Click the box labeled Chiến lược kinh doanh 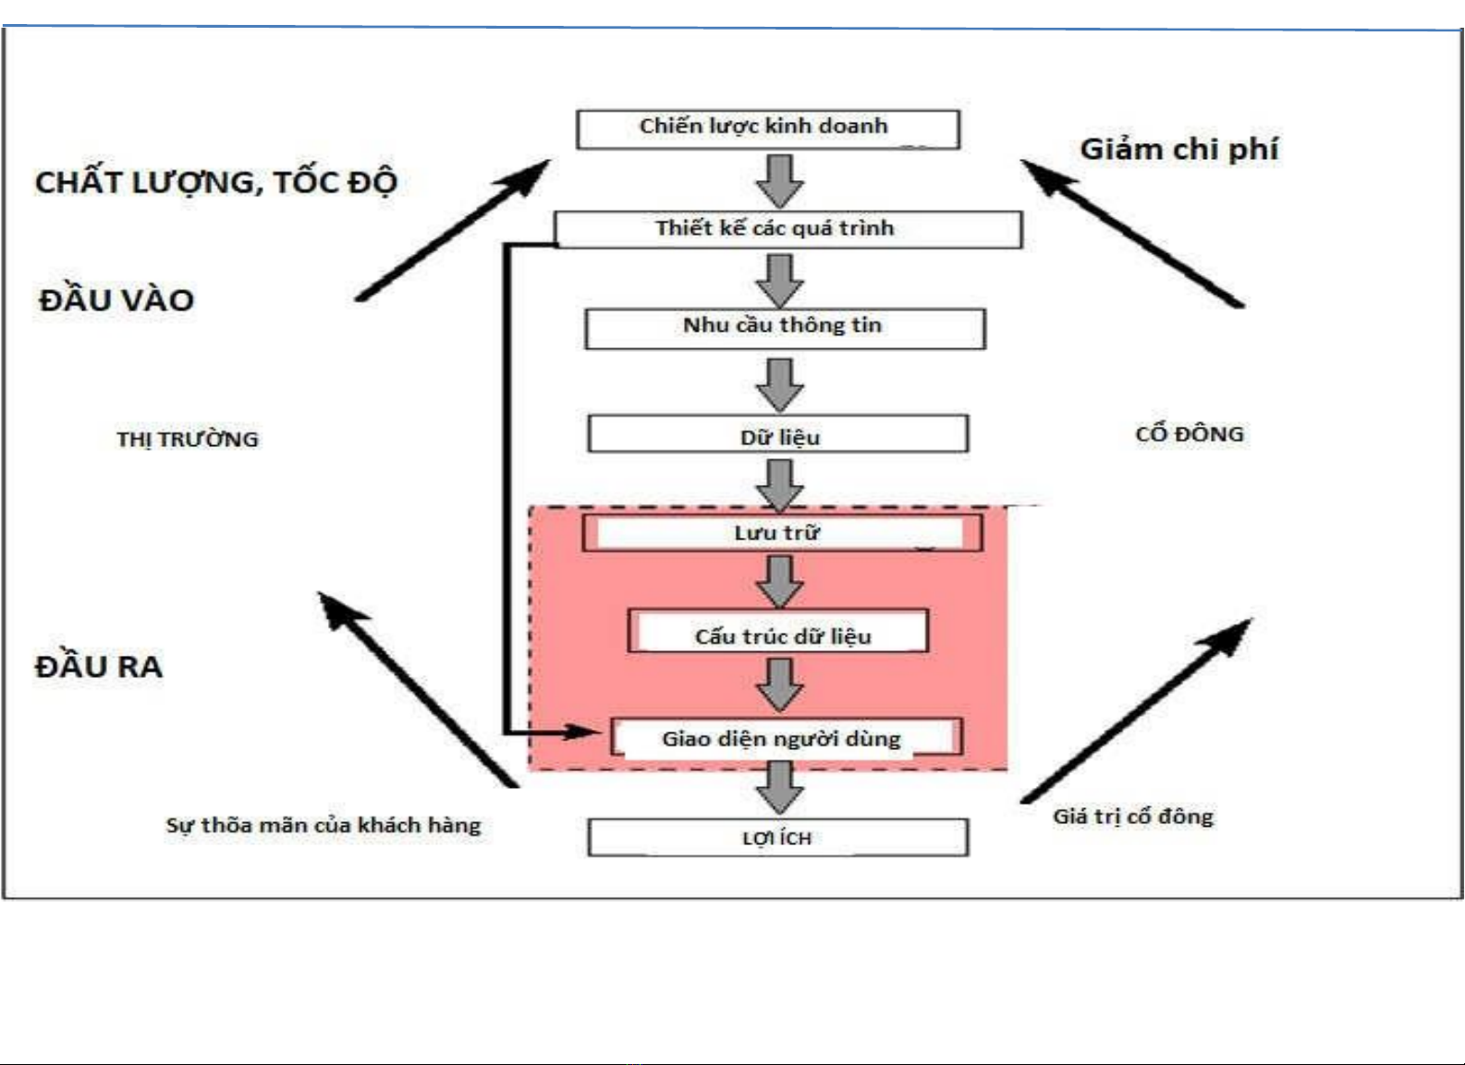click(767, 128)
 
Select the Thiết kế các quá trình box click(787, 229)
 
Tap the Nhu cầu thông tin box click(785, 328)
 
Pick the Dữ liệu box click(777, 434)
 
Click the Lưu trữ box click(781, 533)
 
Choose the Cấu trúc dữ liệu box click(778, 633)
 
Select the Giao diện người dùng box click(786, 738)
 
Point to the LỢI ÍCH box click(777, 838)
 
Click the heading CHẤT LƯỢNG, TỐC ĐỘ click(216, 182)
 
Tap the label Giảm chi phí click(1178, 149)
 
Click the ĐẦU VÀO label click(116, 300)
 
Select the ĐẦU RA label click(99, 666)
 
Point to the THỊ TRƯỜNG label click(188, 439)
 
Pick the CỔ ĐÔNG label click(1190, 433)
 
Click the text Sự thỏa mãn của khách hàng click(324, 825)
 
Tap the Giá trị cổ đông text click(1133, 817)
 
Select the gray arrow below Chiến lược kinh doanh click(780, 180)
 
